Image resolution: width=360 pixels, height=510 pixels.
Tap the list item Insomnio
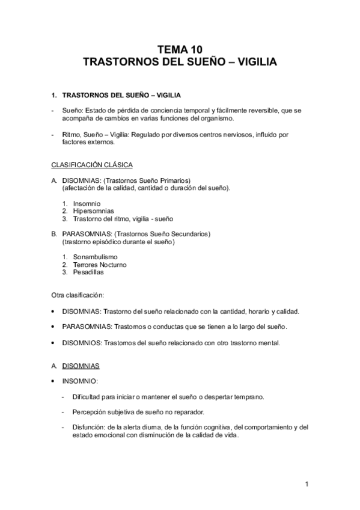(87, 203)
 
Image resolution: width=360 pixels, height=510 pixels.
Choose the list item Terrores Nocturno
(100, 265)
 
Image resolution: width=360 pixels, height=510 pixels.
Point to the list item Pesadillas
(88, 272)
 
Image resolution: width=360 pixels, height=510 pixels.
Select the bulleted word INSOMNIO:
(80, 381)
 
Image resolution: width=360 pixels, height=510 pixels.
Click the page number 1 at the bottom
(306, 484)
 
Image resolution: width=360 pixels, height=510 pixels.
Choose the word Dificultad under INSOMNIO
(88, 397)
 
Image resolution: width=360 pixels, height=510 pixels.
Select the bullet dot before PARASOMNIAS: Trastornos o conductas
(53, 327)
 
